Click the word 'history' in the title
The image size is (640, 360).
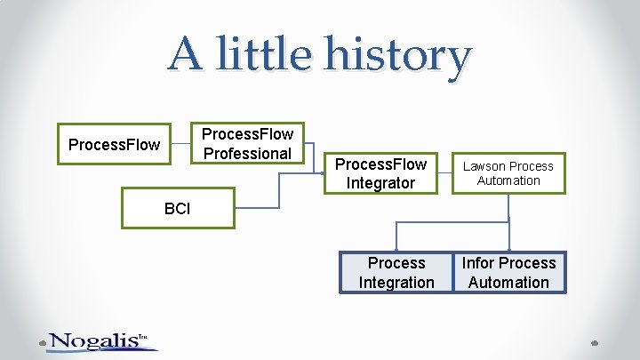point(397,55)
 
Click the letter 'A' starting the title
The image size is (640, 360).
point(186,53)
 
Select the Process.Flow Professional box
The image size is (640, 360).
point(247,144)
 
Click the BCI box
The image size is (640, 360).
point(178,209)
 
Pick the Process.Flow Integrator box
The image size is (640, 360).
point(380,173)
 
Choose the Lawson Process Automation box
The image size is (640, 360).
point(508,173)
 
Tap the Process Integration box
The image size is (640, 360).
point(396,272)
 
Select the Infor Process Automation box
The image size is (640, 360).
point(508,272)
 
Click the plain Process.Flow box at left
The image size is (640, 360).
point(115,144)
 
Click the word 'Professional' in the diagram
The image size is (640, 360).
point(247,154)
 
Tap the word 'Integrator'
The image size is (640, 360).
point(380,183)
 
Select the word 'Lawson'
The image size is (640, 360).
point(484,166)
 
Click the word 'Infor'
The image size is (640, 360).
point(477,263)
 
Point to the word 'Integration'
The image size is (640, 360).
point(396,283)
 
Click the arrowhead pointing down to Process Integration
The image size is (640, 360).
point(396,248)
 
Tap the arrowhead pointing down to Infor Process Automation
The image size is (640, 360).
point(508,248)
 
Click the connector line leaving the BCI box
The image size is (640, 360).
point(258,208)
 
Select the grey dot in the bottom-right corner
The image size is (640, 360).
point(596,341)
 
